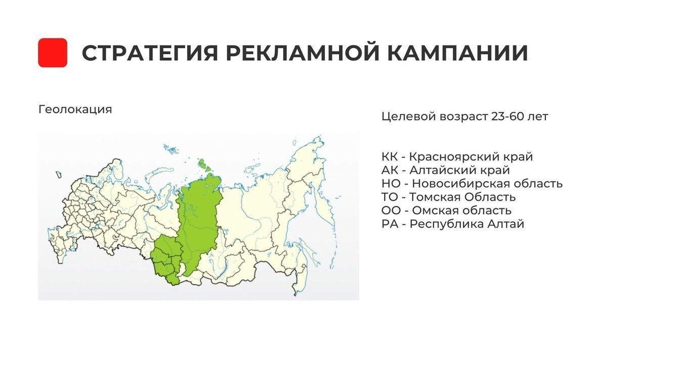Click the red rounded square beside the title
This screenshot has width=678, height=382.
[53, 53]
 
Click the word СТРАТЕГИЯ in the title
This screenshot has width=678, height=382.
[150, 53]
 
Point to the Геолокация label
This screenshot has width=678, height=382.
[75, 109]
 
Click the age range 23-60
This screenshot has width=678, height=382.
[507, 117]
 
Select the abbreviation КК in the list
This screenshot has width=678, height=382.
[390, 157]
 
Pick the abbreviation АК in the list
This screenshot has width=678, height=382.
[390, 170]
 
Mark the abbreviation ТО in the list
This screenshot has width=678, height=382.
[390, 197]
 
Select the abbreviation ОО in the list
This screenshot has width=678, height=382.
[391, 210]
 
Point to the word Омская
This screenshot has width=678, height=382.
[435, 210]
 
